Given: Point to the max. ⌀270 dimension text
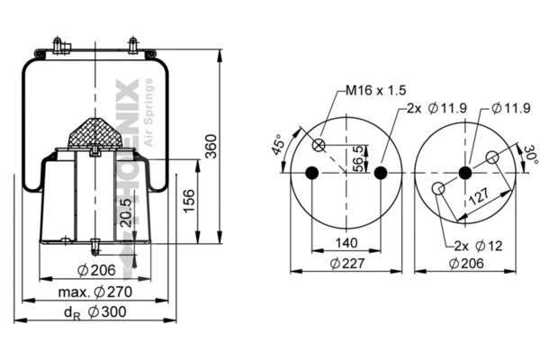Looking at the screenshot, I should (x=94, y=292).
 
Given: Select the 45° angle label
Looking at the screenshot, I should (x=279, y=144).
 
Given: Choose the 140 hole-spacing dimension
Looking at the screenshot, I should (x=346, y=242).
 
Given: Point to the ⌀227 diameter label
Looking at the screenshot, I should (x=346, y=263).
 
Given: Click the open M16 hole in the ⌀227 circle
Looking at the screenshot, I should (x=318, y=146).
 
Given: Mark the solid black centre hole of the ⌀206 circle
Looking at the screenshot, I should (x=465, y=173).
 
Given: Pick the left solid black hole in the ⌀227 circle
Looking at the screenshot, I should (x=311, y=173).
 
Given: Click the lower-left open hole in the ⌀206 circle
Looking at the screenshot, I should (x=437, y=189).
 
